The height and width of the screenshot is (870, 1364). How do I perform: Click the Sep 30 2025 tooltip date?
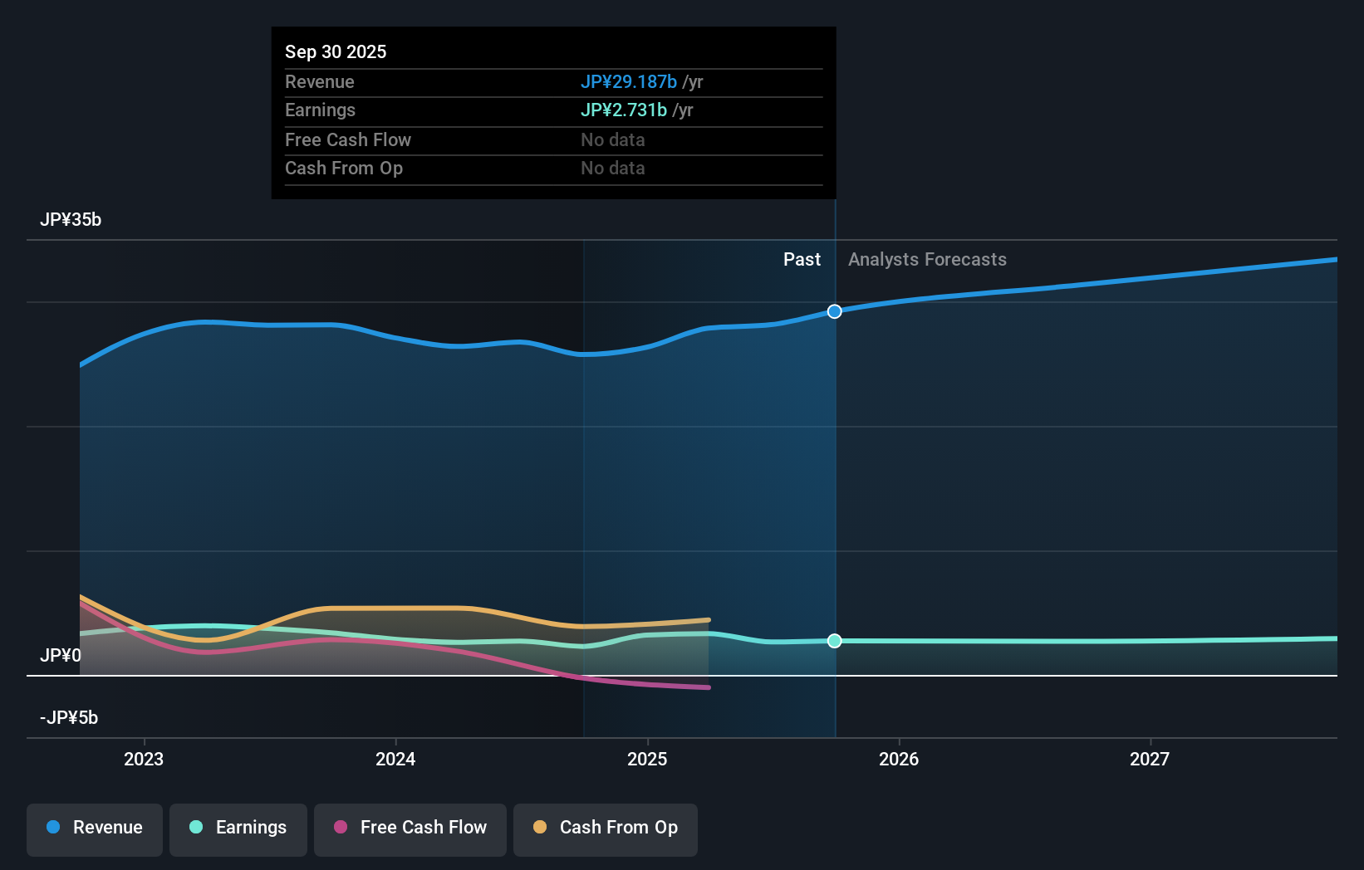[336, 51]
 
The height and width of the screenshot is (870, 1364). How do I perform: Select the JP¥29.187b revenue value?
[628, 81]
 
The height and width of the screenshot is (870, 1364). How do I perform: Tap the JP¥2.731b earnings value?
[623, 110]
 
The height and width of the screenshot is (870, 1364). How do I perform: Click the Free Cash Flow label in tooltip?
[347, 139]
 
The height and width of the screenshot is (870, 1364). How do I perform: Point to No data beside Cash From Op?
[612, 168]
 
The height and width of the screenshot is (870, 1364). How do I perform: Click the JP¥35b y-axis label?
[71, 219]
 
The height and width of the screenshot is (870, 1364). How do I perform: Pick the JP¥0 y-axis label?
[60, 655]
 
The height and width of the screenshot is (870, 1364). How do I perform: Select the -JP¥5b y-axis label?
[69, 717]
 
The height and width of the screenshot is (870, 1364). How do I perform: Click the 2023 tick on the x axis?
[144, 759]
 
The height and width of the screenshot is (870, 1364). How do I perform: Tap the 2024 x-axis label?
[395, 759]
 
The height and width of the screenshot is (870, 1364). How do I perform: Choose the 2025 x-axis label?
[647, 759]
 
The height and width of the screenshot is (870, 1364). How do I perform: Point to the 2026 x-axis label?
[899, 759]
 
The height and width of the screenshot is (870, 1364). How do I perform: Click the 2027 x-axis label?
[1150, 759]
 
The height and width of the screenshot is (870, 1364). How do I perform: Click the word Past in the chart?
[802, 259]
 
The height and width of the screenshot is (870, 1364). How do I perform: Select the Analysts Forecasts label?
[927, 259]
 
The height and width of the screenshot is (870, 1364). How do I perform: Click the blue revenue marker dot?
[835, 311]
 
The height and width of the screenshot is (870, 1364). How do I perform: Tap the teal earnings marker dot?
[835, 641]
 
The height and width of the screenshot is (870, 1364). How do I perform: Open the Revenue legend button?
[95, 828]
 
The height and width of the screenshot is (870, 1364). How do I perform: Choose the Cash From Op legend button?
[606, 828]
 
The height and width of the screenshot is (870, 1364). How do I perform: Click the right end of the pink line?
[708, 687]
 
